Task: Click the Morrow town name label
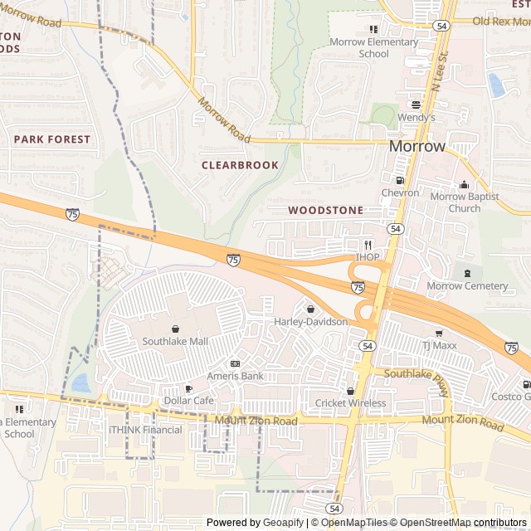click(x=417, y=146)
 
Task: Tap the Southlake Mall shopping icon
click(x=175, y=329)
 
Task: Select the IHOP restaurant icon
click(x=368, y=245)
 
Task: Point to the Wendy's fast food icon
click(x=416, y=105)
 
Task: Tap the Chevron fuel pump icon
click(x=401, y=180)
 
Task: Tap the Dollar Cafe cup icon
click(x=188, y=388)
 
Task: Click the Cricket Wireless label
click(x=350, y=403)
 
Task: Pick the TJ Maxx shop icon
click(x=439, y=333)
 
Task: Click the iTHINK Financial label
click(x=145, y=430)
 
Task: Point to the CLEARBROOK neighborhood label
click(x=240, y=165)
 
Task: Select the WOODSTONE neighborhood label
click(x=325, y=211)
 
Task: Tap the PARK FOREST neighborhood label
click(x=51, y=139)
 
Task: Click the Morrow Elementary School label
click(x=373, y=48)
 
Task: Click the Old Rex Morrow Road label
click(x=500, y=21)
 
